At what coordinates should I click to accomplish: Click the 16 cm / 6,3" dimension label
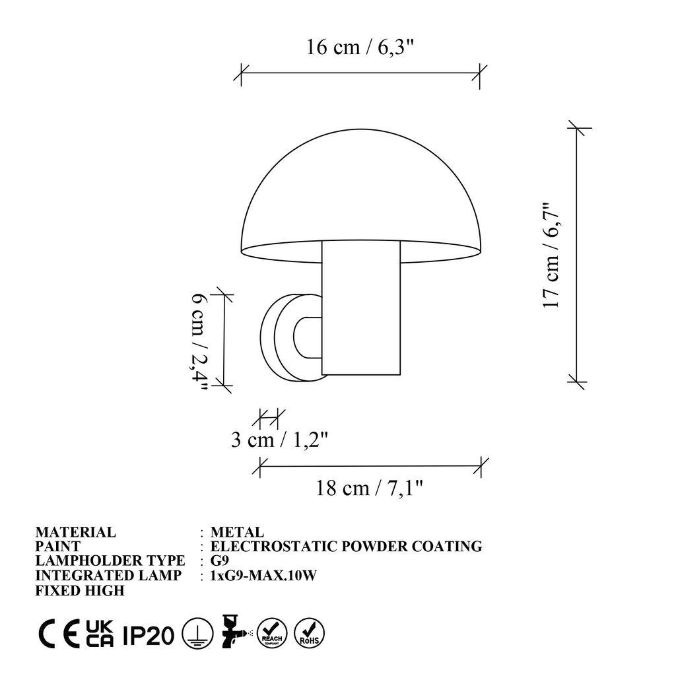pos(360,48)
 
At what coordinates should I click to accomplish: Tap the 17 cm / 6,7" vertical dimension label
pos(551,255)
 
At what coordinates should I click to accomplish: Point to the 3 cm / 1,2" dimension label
pos(279,440)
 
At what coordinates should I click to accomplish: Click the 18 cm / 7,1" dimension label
pos(369,488)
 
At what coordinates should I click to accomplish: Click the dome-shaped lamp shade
pos(360,198)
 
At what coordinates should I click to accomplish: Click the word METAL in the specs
pos(237,532)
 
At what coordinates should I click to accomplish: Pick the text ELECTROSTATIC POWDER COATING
pos(346,547)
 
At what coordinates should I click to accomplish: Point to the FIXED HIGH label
pos(80,590)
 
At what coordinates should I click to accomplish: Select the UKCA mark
pos(100,634)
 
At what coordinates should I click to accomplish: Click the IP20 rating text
pos(149,635)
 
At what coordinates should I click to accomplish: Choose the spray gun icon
pos(235,634)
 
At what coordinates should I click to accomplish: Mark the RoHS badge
pos(308,634)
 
